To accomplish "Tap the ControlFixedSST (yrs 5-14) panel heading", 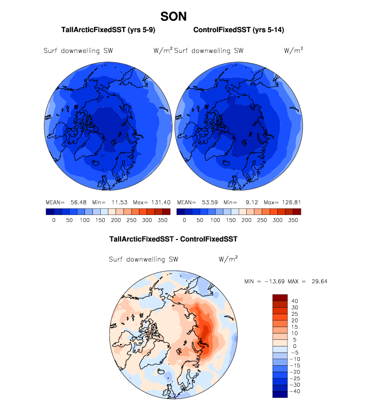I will click(238, 31).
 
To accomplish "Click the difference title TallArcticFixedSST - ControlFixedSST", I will click(174, 238).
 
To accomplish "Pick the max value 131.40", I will click(160, 202).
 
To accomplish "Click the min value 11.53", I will click(119, 202).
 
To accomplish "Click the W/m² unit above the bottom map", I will click(228, 259).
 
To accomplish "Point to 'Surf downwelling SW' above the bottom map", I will click(144, 259).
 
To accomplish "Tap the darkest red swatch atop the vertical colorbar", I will click(280, 298).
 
